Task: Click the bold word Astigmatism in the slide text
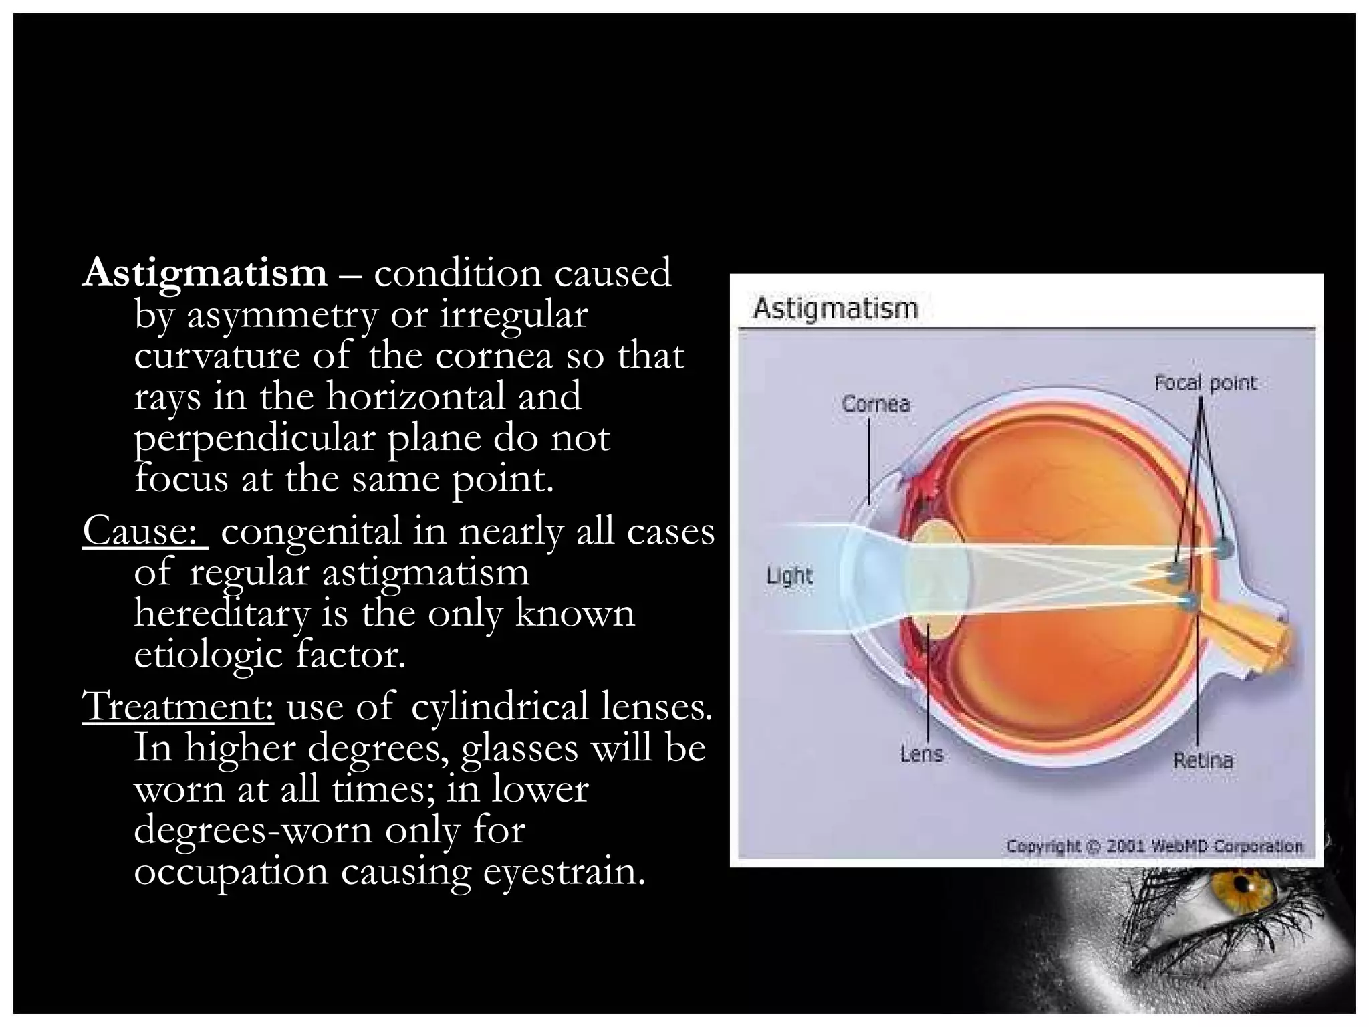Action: coord(205,273)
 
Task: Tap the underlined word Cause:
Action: coord(145,532)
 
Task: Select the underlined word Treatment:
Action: coord(178,706)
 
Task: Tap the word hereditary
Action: coord(221,614)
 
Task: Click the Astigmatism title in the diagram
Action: coord(836,309)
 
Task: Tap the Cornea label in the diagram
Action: coord(876,404)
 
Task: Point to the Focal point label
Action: coord(1206,383)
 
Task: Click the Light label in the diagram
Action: coord(789,575)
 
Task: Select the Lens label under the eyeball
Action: coord(921,754)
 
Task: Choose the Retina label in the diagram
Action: coord(1203,760)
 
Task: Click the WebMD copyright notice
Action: coord(1155,846)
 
